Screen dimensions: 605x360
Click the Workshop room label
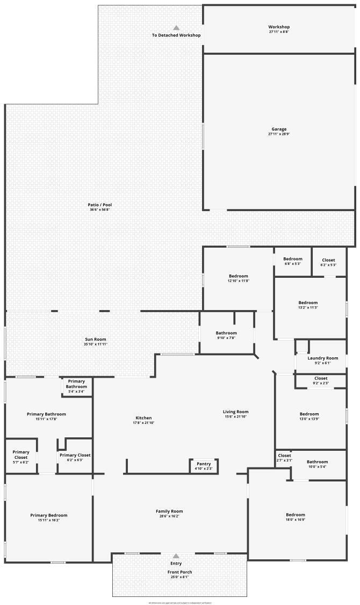pos(279,27)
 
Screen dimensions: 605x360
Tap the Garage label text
pos(279,129)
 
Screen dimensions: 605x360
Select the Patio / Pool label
pos(100,205)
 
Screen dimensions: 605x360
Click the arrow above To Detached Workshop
pos(176,28)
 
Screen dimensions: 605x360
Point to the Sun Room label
pos(96,339)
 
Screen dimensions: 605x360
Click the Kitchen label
pos(143,417)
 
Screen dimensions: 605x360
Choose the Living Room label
pos(236,412)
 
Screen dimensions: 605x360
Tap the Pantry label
pos(204,464)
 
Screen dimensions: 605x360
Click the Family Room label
pos(169,511)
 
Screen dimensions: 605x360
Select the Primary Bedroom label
pos(49,515)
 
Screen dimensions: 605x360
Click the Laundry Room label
pos(322,358)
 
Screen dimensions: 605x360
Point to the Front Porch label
pos(179,572)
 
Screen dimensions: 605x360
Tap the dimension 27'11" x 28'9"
pos(279,134)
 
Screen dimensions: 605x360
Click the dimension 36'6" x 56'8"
pos(100,210)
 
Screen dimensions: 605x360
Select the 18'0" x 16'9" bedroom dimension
pos(296,520)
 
